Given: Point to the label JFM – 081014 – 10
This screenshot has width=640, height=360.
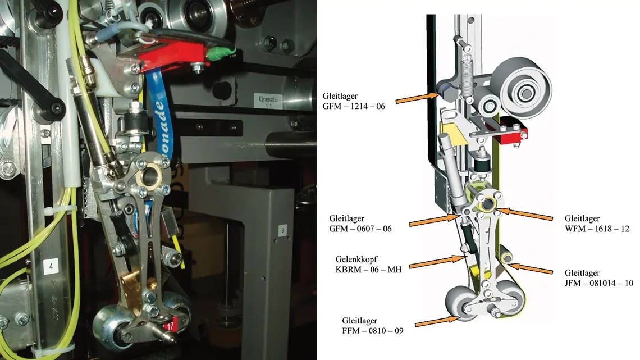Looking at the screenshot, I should pyautogui.click(x=599, y=279).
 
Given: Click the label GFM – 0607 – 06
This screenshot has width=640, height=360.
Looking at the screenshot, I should pyautogui.click(x=360, y=224).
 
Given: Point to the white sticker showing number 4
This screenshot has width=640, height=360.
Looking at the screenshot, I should pyautogui.click(x=51, y=268).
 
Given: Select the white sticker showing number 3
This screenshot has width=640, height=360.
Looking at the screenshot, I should pyautogui.click(x=282, y=230).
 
